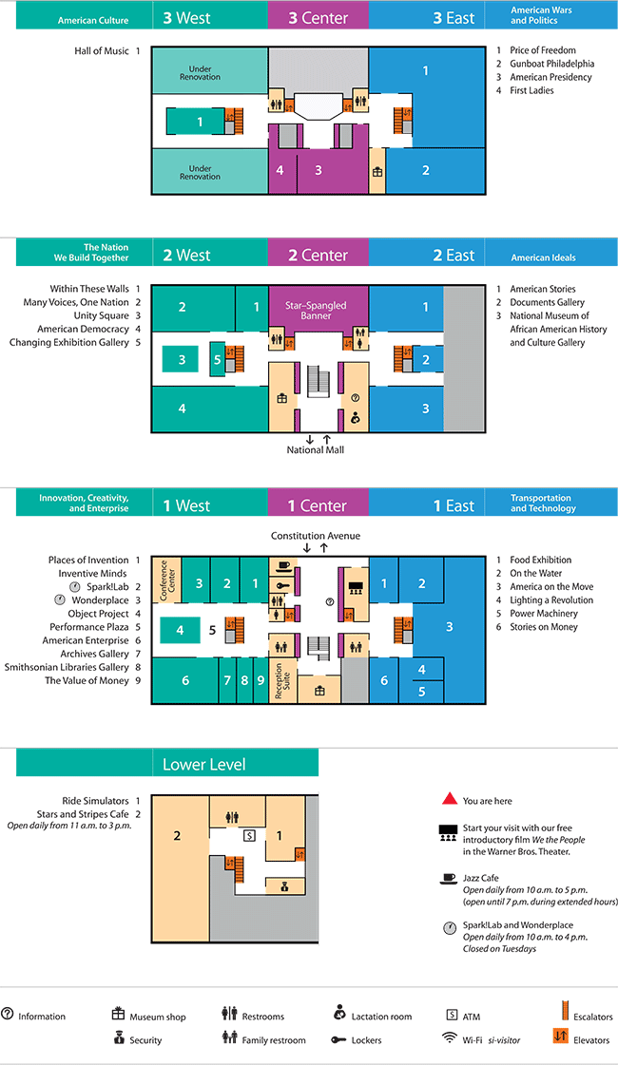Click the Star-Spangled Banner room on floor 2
coord(317,311)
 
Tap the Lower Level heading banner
coord(203,764)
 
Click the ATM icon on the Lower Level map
coord(249,836)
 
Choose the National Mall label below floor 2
coord(316,449)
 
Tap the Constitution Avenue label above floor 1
coord(315,536)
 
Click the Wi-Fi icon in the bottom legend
coord(450,1038)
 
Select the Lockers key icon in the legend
coord(338,1040)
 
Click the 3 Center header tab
coord(318,17)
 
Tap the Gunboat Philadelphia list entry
coord(550,64)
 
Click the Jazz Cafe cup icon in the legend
coord(447,877)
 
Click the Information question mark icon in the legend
coord(8,1015)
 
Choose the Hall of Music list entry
coord(102,50)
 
